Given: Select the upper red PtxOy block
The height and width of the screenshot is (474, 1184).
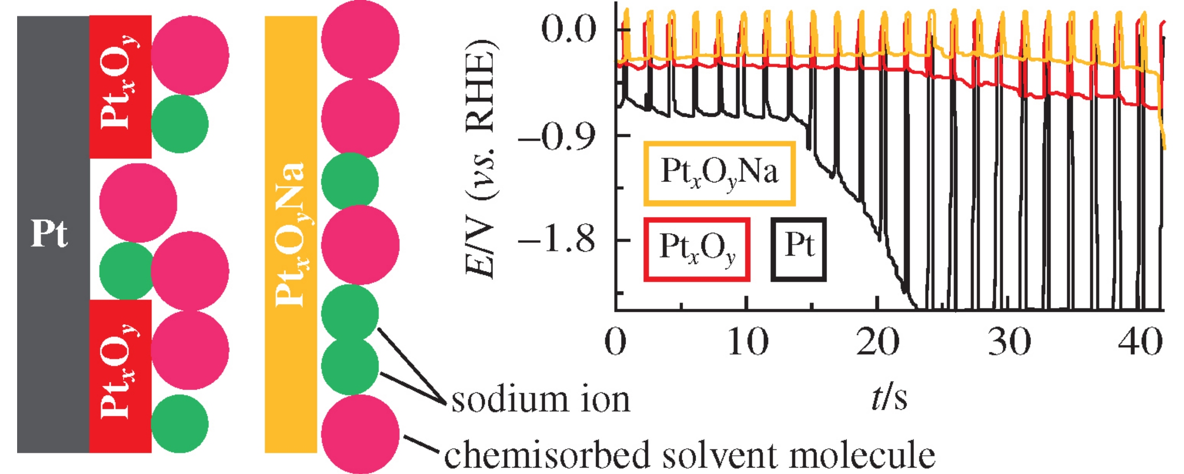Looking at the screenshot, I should coord(120,87).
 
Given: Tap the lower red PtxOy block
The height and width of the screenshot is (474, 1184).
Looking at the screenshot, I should coord(120,376).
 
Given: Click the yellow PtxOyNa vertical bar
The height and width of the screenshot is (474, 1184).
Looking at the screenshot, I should coord(291,234).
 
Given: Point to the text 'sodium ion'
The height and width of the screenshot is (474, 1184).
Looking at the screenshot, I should coord(540,400).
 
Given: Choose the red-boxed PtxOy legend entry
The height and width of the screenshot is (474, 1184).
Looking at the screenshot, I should coord(697,249).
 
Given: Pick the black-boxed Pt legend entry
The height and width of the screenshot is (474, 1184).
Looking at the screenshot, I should coord(798,249).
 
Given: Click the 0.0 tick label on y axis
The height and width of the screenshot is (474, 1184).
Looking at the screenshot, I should coord(568,29).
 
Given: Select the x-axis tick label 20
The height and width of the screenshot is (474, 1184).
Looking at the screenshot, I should coord(878,342).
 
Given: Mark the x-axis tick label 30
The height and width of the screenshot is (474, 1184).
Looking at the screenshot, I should coord(1009,342).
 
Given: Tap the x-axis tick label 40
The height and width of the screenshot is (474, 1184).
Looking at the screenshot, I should coord(1140,342).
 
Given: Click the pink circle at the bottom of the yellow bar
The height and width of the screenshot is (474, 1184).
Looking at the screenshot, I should coord(360,434).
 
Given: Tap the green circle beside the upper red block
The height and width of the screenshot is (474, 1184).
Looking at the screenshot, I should coord(179,124).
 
